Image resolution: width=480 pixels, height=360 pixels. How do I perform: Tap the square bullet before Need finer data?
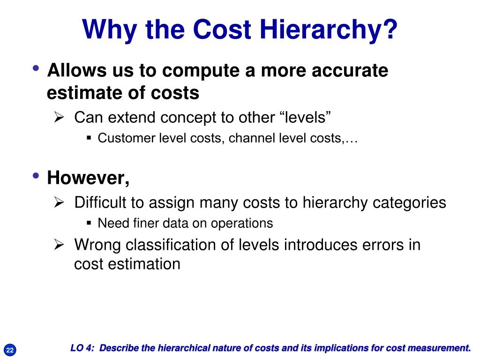tap(89, 223)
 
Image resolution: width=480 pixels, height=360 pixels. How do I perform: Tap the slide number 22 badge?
tap(10, 350)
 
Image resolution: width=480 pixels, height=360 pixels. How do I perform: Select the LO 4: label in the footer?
tap(83, 348)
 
